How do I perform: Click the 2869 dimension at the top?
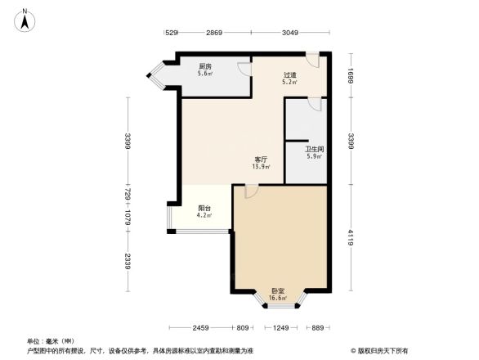tap(213, 33)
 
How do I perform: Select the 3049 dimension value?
tap(290, 33)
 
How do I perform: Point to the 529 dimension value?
tap(172, 33)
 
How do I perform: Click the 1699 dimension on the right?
tap(350, 74)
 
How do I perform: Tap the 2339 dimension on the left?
tap(127, 262)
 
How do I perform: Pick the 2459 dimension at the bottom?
tap(201, 328)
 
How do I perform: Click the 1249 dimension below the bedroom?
tap(280, 328)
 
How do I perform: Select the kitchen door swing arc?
tap(244, 69)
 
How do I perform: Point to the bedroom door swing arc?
tap(252, 191)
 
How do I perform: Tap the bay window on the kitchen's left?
tap(155, 74)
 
